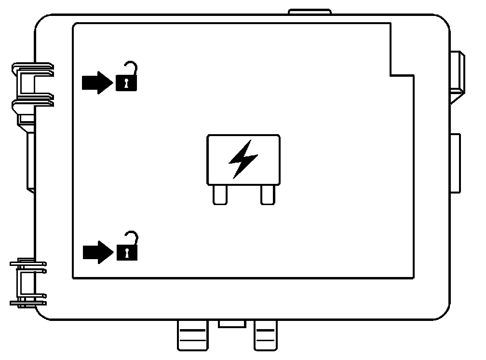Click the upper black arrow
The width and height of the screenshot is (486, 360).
[96, 83]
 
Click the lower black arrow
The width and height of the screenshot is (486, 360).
[96, 252]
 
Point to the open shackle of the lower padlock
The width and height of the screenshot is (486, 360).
[131, 237]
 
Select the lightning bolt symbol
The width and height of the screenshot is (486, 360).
[243, 159]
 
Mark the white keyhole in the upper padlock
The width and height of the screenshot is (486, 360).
[125, 83]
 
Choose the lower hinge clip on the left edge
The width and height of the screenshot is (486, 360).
[28, 282]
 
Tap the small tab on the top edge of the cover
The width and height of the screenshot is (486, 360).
[310, 12]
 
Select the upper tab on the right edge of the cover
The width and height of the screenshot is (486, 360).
[457, 72]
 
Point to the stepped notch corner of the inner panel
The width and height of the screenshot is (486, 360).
[390, 75]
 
